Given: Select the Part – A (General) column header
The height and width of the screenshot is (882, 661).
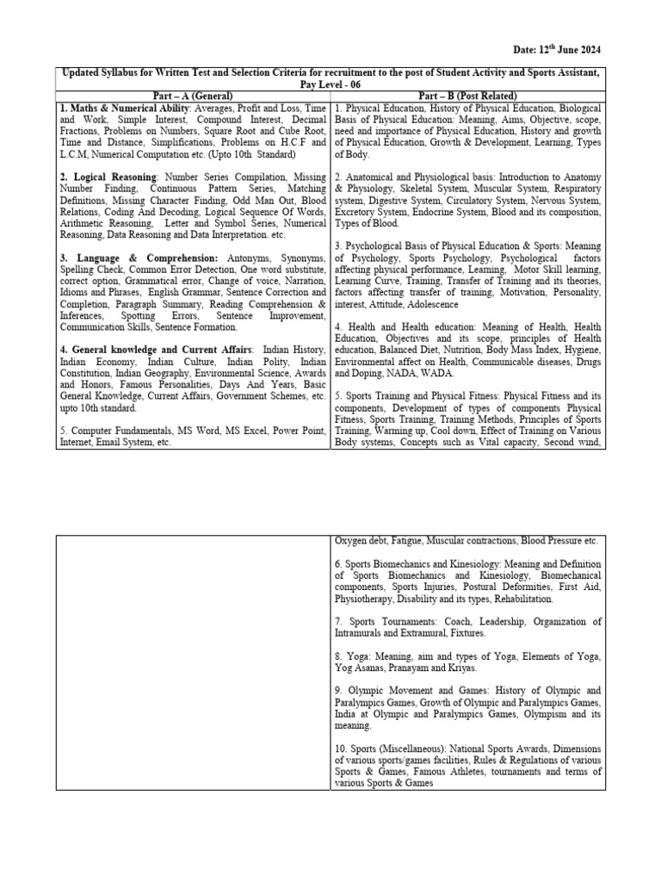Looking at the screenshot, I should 194,95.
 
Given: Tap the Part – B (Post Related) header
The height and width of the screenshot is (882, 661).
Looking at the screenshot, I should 468,95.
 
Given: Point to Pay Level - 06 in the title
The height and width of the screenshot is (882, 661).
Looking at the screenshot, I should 330,84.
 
